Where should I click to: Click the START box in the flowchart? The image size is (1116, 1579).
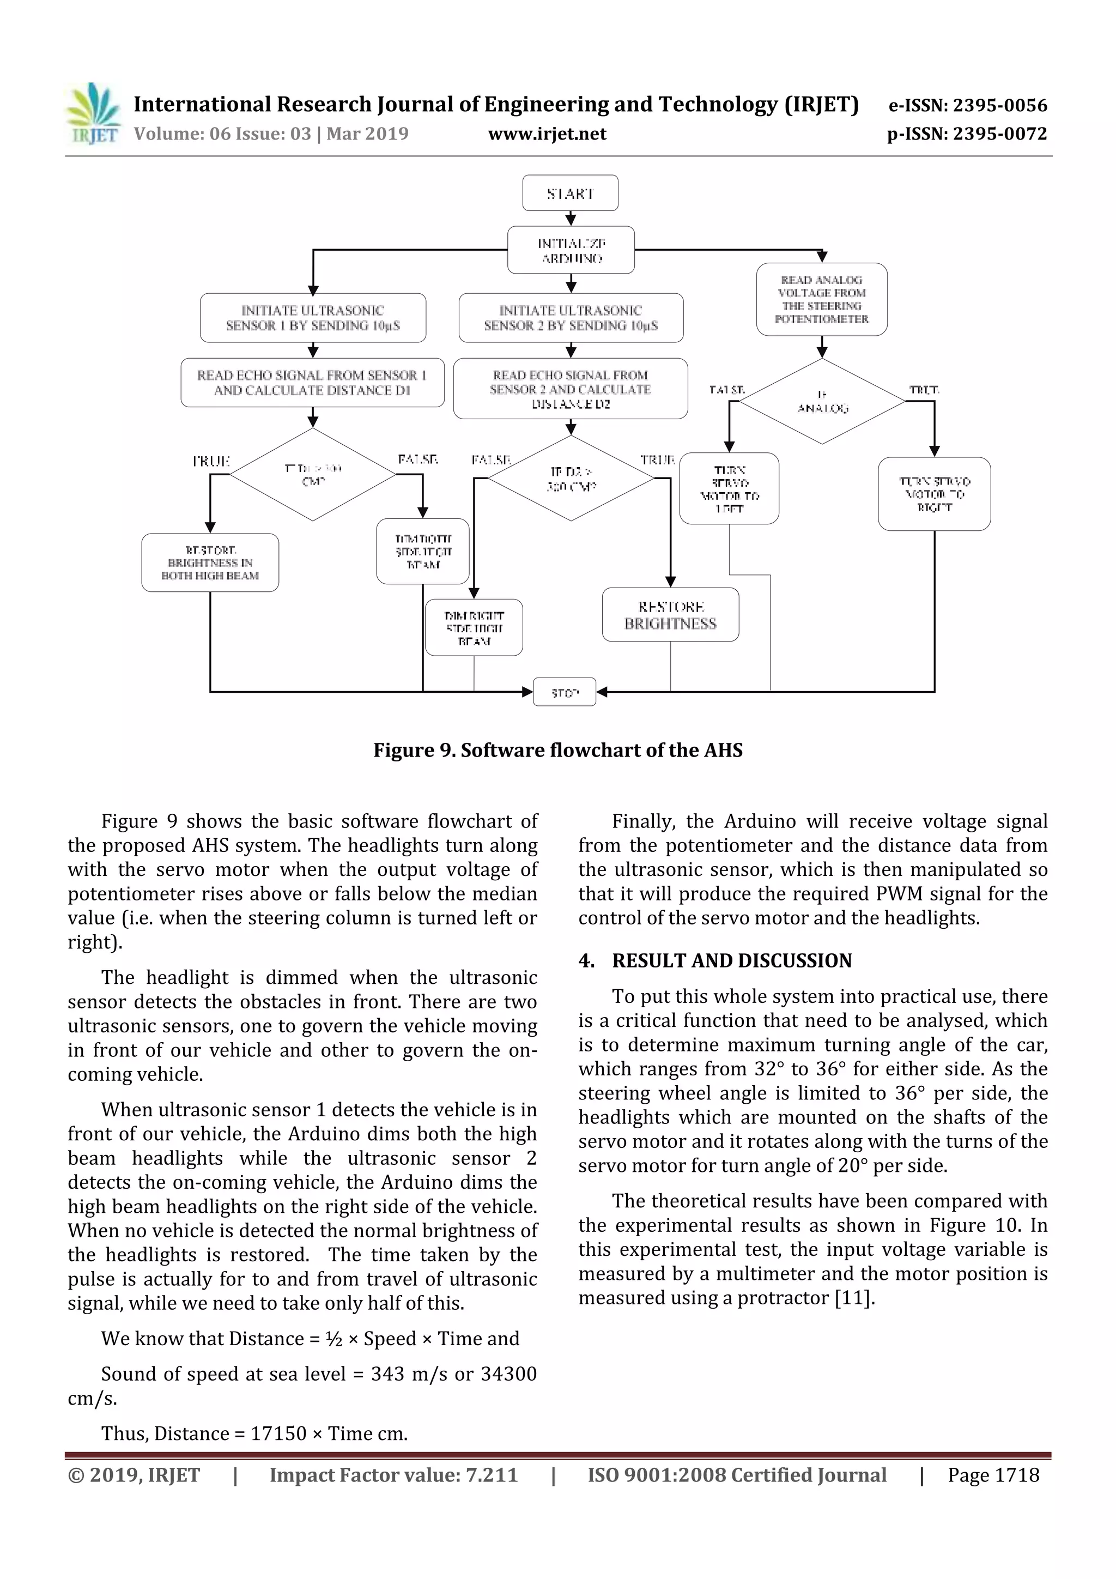click(570, 193)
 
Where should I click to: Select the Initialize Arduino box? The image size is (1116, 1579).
click(571, 250)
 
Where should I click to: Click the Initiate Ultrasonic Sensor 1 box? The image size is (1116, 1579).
click(313, 318)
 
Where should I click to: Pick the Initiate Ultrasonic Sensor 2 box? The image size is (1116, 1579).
click(571, 318)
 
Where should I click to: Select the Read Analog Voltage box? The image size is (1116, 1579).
click(822, 299)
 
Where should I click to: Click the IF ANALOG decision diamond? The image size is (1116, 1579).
click(822, 402)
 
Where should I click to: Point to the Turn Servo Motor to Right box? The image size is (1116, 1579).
click(934, 494)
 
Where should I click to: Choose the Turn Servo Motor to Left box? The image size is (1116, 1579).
click(729, 488)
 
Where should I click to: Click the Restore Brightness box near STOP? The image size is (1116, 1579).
click(670, 615)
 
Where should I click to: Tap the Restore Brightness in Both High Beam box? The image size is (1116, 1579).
click(210, 562)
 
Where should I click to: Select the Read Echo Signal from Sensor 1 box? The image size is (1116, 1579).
click(312, 383)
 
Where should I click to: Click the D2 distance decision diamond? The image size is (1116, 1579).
click(571, 479)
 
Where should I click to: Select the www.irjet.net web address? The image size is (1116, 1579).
click(547, 134)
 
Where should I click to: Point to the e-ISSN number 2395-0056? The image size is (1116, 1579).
click(967, 105)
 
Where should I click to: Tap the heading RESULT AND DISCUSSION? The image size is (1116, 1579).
click(732, 961)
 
